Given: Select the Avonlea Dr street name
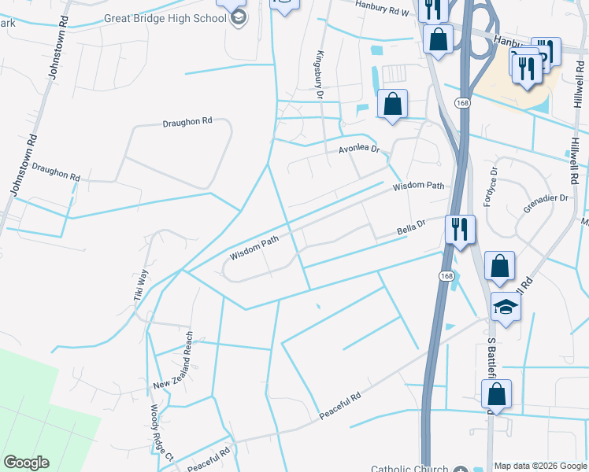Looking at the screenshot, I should pyautogui.click(x=359, y=149).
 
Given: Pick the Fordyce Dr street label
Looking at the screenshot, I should pyautogui.click(x=491, y=184).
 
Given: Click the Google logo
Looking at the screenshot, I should pyautogui.click(x=26, y=463).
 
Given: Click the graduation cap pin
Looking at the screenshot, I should pyautogui.click(x=506, y=307).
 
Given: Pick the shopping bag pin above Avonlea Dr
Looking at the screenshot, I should pyautogui.click(x=392, y=104).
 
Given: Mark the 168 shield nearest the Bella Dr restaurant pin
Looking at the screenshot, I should pyautogui.click(x=446, y=276).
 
